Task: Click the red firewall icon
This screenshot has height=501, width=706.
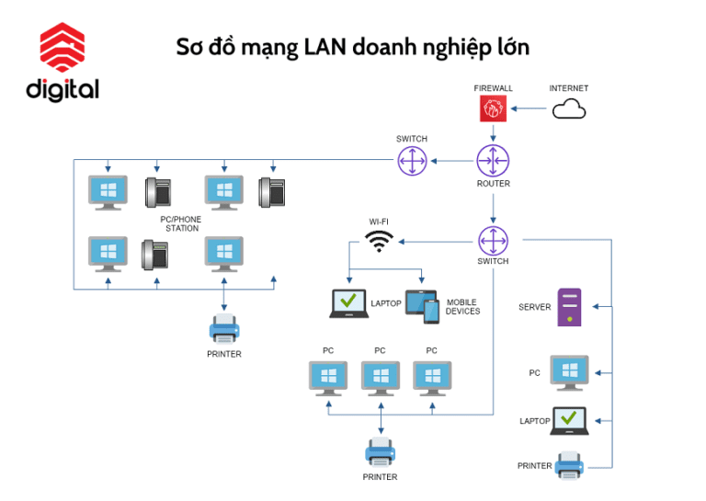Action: (x=494, y=110)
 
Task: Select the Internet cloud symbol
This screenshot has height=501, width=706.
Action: (x=569, y=110)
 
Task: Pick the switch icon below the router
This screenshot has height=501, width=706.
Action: (x=494, y=242)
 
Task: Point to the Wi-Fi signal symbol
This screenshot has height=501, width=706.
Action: (x=378, y=242)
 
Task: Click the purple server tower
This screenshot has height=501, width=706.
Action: (x=570, y=307)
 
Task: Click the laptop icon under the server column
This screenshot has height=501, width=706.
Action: (x=569, y=420)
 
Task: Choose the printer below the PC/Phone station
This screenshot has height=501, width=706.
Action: (x=225, y=328)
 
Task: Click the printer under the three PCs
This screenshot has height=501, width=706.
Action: (x=381, y=452)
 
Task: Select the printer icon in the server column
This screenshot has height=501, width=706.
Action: (x=570, y=466)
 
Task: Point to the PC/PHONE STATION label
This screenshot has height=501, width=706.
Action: (x=180, y=223)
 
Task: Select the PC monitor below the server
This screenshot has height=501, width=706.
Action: (x=569, y=372)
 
